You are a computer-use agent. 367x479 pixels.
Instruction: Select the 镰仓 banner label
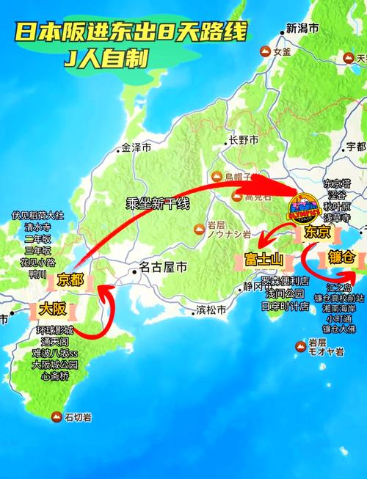tap(341, 258)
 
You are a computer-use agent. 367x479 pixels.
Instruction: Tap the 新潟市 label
tap(302, 29)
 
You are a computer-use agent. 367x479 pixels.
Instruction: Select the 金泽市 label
tap(137, 147)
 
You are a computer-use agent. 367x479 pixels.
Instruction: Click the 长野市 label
tap(244, 139)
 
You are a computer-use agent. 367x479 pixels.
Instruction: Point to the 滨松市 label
tap(211, 310)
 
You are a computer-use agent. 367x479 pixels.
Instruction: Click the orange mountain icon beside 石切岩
tap(56, 417)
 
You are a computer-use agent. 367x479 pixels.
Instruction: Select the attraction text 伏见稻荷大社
tap(38, 216)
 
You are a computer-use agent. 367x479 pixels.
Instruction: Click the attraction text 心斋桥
tap(55, 376)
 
